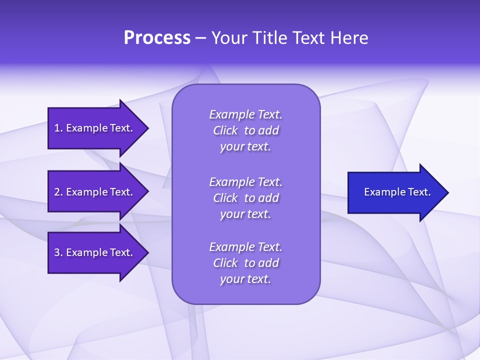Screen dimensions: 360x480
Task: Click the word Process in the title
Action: (x=157, y=38)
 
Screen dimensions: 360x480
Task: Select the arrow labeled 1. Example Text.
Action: (x=95, y=128)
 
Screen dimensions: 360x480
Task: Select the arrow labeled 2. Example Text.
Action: (x=95, y=192)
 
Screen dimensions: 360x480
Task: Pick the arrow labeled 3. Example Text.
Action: (x=95, y=252)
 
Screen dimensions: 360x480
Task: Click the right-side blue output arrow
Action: (x=395, y=192)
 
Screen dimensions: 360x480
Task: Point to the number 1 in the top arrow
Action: (x=57, y=128)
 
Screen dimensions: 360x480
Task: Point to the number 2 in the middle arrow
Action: (x=57, y=192)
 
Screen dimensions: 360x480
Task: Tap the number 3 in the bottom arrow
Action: (x=57, y=252)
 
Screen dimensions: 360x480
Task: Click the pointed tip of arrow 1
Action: (x=147, y=128)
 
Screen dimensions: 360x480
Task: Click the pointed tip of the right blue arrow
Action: (x=447, y=192)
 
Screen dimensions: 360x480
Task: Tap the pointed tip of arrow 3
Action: (x=147, y=252)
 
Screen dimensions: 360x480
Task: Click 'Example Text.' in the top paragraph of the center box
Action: (x=245, y=114)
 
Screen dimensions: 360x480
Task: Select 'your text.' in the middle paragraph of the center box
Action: (x=245, y=214)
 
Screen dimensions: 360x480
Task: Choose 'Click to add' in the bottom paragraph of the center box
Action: (x=245, y=263)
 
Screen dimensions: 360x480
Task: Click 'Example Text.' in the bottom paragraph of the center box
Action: (x=245, y=247)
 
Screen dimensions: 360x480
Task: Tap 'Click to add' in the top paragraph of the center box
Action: (x=245, y=130)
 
